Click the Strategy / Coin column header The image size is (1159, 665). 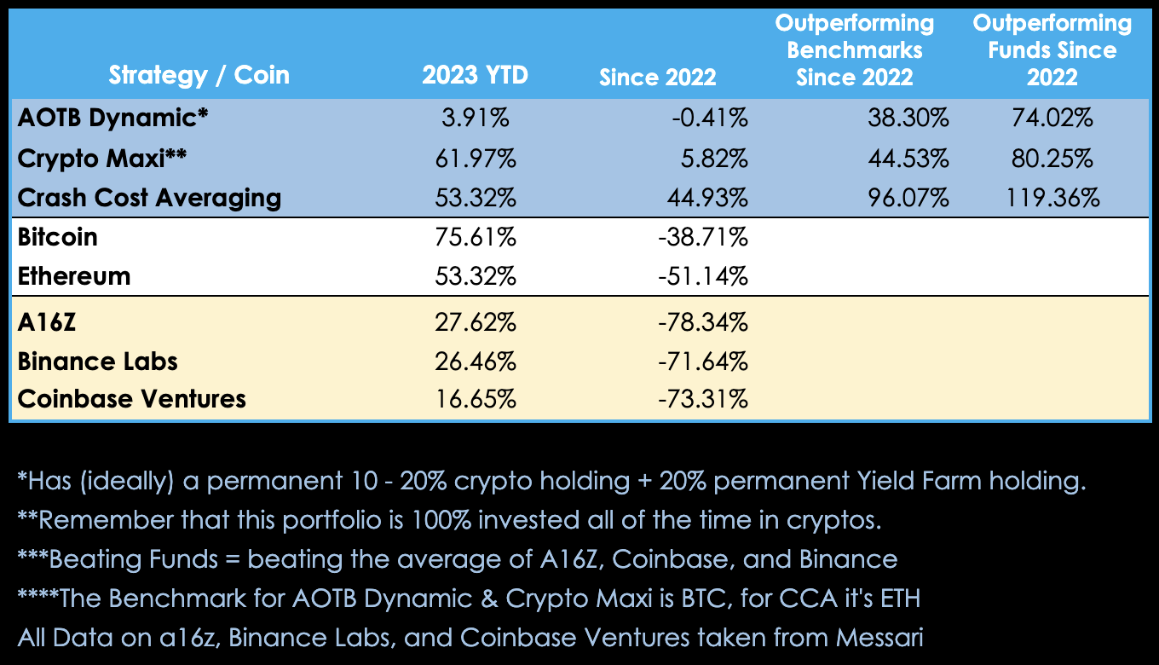(x=199, y=75)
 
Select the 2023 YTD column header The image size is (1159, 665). (x=475, y=75)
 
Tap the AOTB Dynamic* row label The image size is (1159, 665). (x=112, y=119)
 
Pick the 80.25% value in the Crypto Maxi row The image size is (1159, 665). (x=1052, y=158)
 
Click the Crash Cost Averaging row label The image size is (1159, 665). (x=149, y=198)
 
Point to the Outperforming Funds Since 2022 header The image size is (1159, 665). (x=1052, y=49)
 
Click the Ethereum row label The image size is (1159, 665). (x=74, y=276)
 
